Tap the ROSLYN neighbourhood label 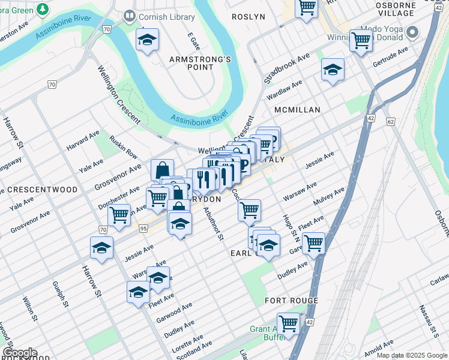(249, 17)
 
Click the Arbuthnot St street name (213, 224)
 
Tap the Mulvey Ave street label (331, 196)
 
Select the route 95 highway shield (143, 228)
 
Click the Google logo (19, 352)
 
